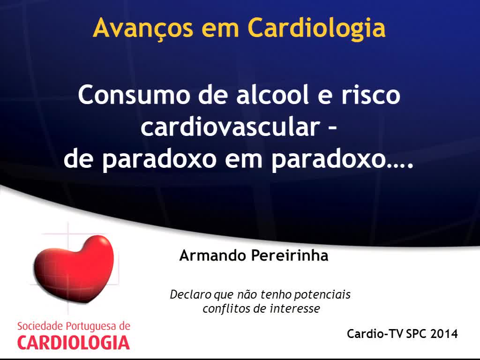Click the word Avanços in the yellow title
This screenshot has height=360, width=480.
pos(143,29)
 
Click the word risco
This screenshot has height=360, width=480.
pos(371,95)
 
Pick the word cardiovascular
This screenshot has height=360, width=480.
pos(231,127)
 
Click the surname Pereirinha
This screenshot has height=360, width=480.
pos(290,255)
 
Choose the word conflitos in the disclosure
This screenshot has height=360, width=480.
pos(226,308)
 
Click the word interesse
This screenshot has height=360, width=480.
pos(295,308)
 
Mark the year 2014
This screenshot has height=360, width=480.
pos(444,333)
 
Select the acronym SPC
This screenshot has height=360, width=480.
pos(417,333)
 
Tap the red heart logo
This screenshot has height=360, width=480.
pos(74,269)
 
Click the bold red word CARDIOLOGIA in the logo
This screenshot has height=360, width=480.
pos(74,342)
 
